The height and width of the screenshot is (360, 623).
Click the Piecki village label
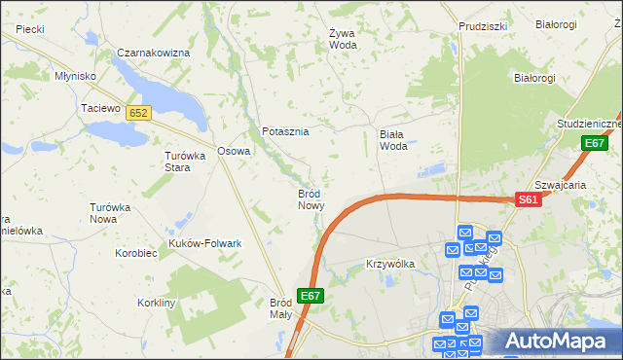point(30,29)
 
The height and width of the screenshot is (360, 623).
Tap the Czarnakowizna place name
point(152,52)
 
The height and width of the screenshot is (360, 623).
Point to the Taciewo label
point(99,108)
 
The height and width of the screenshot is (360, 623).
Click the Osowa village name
point(234,151)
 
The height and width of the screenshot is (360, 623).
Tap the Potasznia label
point(285,131)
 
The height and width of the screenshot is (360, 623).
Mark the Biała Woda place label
point(392,140)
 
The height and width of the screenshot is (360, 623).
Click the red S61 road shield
point(528,199)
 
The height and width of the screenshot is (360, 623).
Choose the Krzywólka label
point(390,264)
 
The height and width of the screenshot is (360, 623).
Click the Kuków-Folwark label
point(204,243)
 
